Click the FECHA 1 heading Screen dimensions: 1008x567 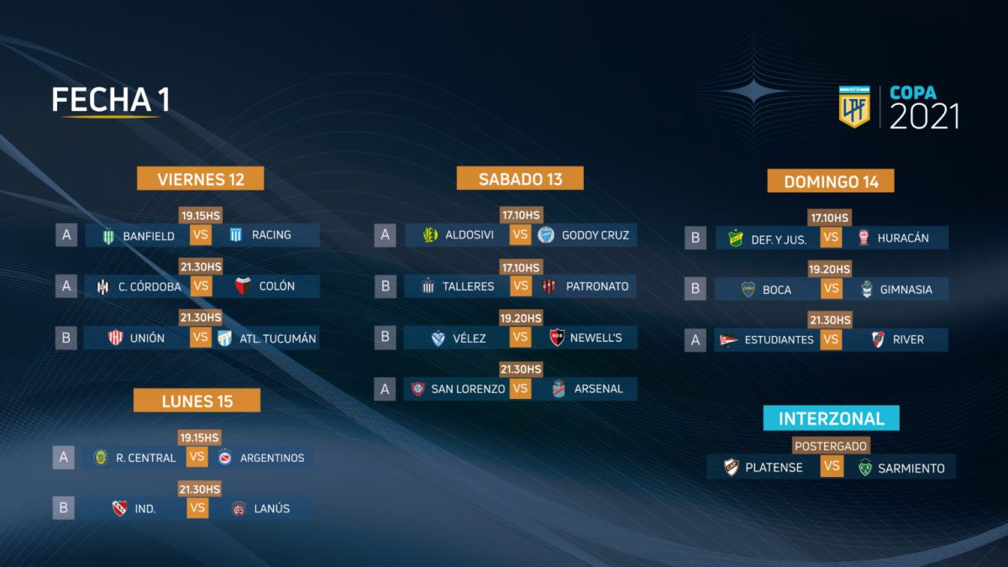point(111,99)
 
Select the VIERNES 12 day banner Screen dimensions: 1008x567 point(200,179)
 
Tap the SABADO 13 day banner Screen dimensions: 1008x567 point(520,178)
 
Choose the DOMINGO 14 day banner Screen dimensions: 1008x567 point(831,181)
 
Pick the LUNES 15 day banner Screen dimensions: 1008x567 point(197,401)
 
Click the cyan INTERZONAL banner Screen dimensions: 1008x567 point(831,418)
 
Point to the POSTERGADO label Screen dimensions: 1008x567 point(831,446)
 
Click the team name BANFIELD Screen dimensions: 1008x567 point(149,236)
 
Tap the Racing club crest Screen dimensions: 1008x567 point(236,235)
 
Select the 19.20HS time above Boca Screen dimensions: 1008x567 point(829,269)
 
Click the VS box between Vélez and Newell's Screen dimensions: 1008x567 point(520,337)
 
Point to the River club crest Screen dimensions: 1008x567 point(878,339)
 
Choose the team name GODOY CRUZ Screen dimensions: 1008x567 point(596,235)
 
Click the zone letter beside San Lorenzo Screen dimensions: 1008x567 point(385,389)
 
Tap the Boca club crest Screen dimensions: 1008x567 point(748,289)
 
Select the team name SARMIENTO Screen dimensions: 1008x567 point(911,469)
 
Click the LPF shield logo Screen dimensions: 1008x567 point(854,108)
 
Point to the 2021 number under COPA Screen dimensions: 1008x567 point(924,117)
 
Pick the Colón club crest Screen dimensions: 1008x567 point(243,286)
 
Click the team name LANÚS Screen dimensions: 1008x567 point(272,508)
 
